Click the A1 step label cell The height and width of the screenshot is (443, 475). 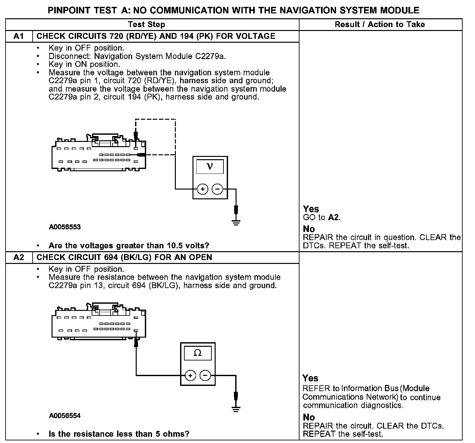click(19, 36)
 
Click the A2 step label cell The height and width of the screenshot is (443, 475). click(19, 257)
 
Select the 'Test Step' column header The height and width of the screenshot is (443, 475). click(146, 24)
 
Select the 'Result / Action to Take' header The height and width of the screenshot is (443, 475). click(380, 24)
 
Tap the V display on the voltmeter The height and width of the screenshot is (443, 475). click(210, 167)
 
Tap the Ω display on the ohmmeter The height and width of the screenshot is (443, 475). click(197, 353)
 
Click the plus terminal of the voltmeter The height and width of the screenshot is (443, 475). click(203, 189)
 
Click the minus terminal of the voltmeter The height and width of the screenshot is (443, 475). click(218, 189)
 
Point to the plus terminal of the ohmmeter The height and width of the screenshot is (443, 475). click(190, 376)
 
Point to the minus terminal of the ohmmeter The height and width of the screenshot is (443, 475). click(205, 376)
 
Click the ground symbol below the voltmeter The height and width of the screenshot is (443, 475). click(236, 222)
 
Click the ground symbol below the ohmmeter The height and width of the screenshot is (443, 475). click(236, 409)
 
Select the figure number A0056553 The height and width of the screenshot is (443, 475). click(65, 227)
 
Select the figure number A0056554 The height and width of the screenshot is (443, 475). click(65, 416)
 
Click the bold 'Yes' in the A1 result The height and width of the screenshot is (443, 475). click(311, 209)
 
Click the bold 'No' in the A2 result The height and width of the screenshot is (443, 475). click(309, 417)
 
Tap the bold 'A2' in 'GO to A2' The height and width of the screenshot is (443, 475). click(333, 217)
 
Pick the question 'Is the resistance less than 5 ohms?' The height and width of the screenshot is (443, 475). click(119, 434)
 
